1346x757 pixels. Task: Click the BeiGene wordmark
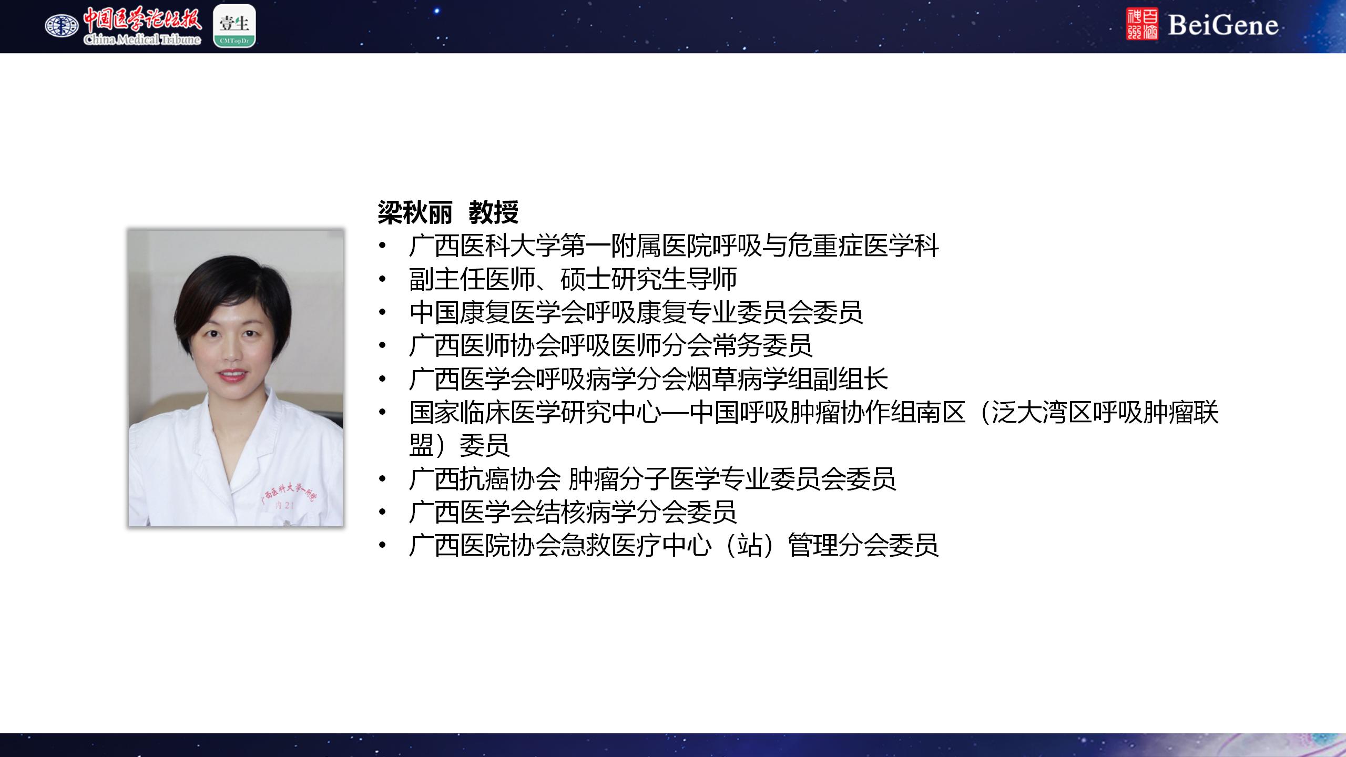click(x=1223, y=25)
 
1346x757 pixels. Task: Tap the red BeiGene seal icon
click(x=1142, y=24)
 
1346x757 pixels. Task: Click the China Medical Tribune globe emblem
click(x=62, y=25)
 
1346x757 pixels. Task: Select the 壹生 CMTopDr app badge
click(x=234, y=26)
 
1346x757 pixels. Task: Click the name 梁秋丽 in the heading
click(x=415, y=212)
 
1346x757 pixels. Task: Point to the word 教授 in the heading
click(x=494, y=212)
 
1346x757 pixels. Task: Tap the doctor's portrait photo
click(x=236, y=377)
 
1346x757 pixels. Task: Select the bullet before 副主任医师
click(x=382, y=279)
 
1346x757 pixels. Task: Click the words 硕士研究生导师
click(x=649, y=279)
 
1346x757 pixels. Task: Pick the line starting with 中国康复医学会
click(x=636, y=312)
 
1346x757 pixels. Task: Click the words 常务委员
click(x=762, y=345)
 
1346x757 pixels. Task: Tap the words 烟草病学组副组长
click(x=787, y=379)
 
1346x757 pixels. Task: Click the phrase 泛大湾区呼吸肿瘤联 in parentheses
click(x=1105, y=413)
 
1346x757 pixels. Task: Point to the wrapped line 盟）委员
click(x=460, y=445)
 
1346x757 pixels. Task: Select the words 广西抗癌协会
click(x=485, y=479)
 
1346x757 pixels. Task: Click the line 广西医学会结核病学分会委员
click(x=573, y=512)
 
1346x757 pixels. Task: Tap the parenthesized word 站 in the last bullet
click(x=750, y=545)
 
